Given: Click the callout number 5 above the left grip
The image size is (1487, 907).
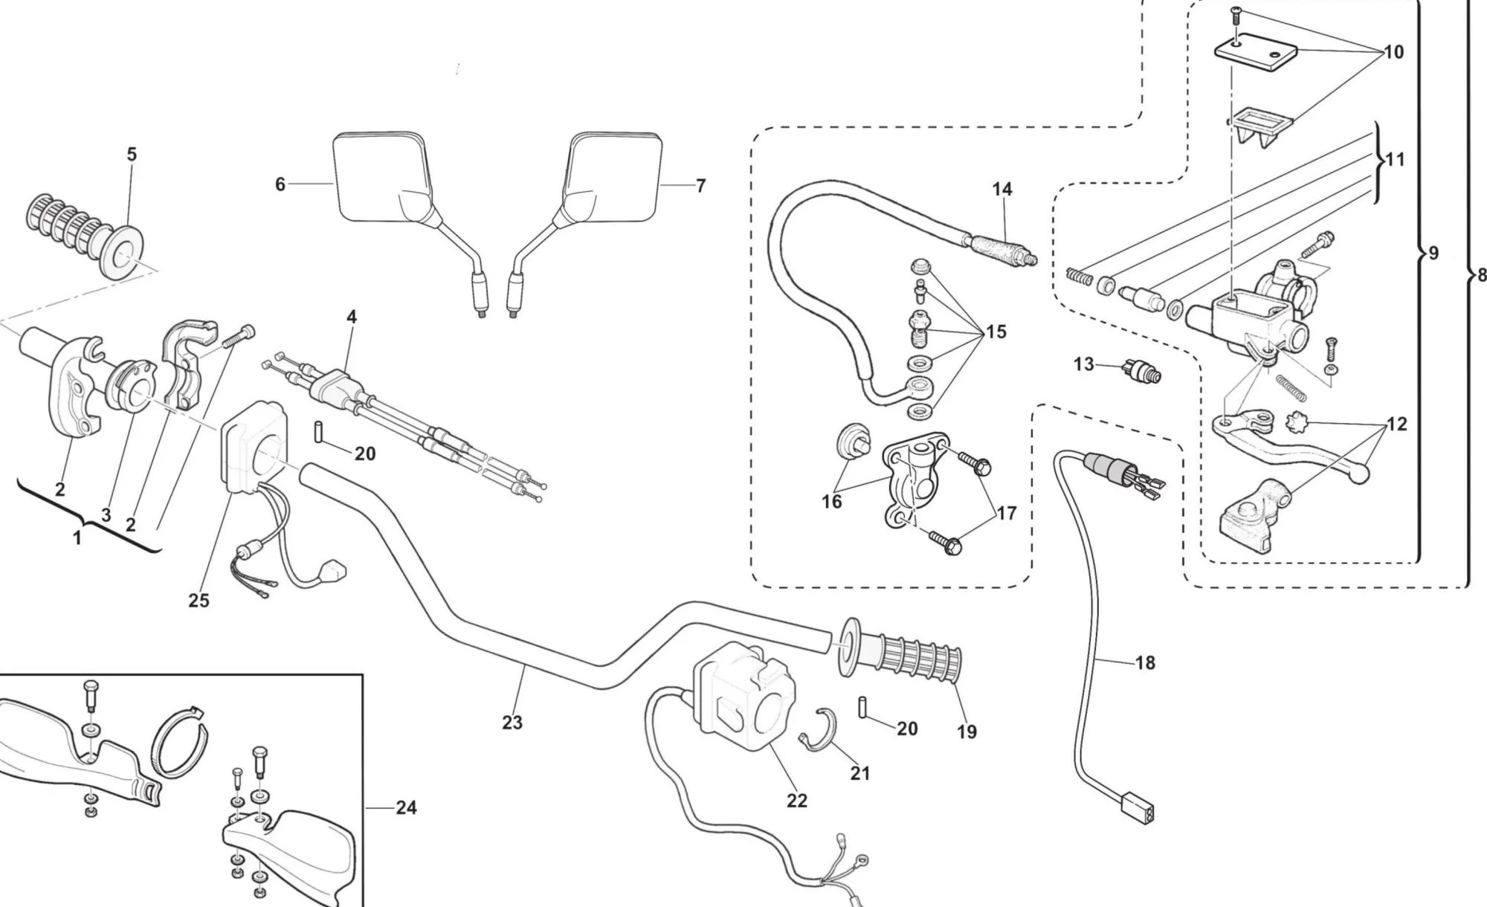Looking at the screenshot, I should pos(132,155).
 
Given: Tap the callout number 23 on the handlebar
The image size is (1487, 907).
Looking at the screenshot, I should pos(512,722).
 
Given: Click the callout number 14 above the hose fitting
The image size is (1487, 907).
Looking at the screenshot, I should pos(1002,190).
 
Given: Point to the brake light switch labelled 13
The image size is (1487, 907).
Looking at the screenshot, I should pos(1141,369).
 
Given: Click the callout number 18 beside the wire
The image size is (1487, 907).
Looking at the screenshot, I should pos(1146,662).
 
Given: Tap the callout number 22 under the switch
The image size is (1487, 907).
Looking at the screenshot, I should pos(797,801).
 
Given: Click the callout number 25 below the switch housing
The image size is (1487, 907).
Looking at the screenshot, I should pos(199,600).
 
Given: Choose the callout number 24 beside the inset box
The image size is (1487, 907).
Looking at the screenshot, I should pos(406,807).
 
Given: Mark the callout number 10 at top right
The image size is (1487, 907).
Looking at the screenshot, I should pos(1393,52).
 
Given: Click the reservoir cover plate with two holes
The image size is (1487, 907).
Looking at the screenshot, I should pos(1257,51).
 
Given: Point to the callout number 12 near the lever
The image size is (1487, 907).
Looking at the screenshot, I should pos(1397,424).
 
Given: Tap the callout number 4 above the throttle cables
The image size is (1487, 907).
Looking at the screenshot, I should pos(352,317).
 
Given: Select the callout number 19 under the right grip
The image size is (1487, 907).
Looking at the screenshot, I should pos(967,732).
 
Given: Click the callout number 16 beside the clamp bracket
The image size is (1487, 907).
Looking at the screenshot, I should pos(831,502).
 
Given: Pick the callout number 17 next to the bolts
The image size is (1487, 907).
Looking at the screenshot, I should pos(1006,513).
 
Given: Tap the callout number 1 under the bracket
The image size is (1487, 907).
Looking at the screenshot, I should pos(77,538).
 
